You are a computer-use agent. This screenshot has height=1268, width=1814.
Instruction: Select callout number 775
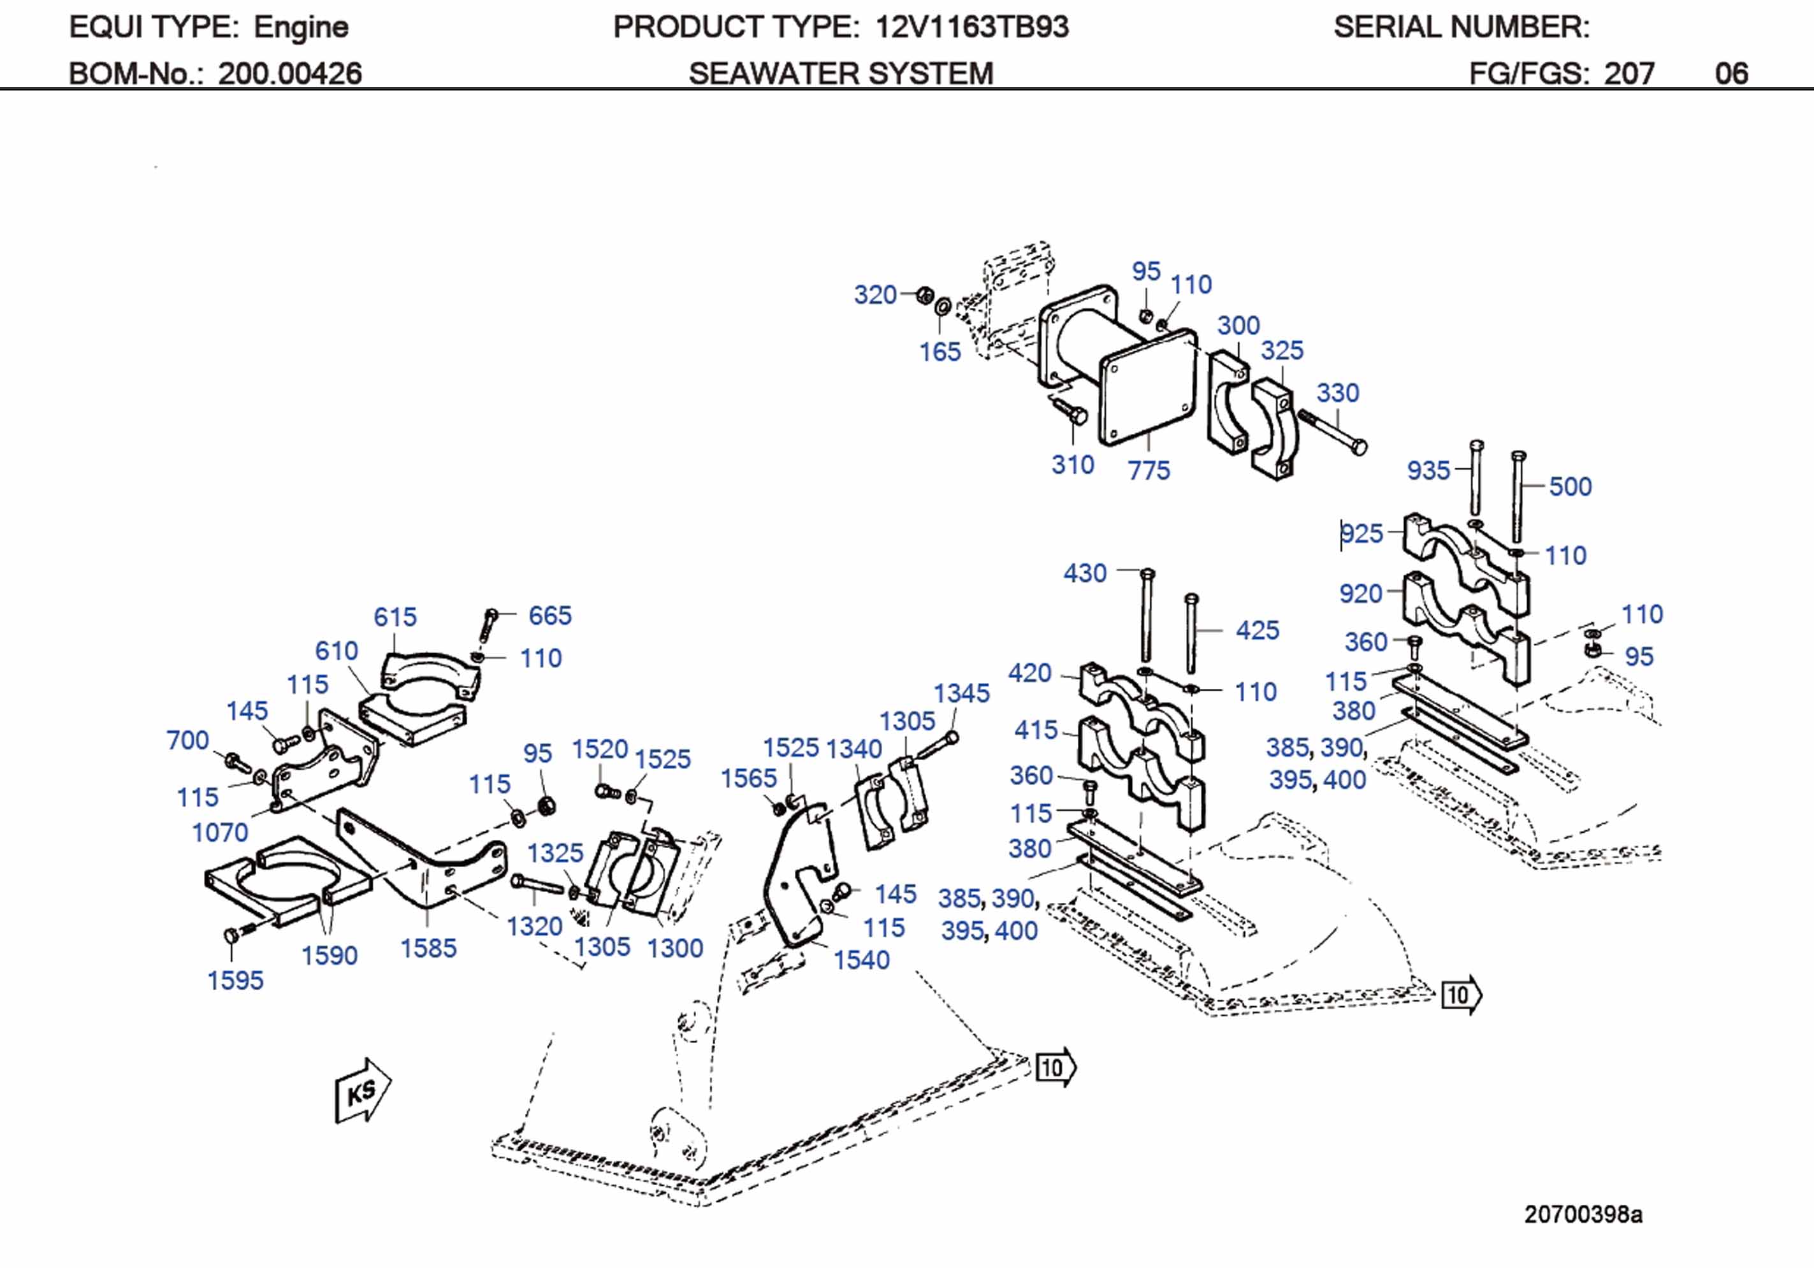pyautogui.click(x=1148, y=470)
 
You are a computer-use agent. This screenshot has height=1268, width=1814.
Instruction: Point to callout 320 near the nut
pyautogui.click(x=874, y=294)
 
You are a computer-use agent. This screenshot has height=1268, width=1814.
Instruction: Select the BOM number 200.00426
pyautogui.click(x=289, y=73)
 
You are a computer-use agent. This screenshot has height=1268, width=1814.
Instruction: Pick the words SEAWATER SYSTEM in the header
pyautogui.click(x=841, y=73)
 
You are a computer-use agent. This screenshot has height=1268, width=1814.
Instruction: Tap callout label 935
pyautogui.click(x=1428, y=470)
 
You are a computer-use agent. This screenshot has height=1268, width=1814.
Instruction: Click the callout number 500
pyautogui.click(x=1570, y=486)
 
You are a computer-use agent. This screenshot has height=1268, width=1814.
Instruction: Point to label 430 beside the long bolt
pyautogui.click(x=1085, y=573)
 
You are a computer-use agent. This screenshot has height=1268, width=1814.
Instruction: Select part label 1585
pyautogui.click(x=428, y=947)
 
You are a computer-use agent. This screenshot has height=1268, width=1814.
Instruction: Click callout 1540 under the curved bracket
pyautogui.click(x=861, y=959)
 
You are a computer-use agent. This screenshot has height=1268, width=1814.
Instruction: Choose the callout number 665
pyautogui.click(x=550, y=615)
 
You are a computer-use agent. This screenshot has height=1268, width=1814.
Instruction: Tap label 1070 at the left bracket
pyautogui.click(x=220, y=832)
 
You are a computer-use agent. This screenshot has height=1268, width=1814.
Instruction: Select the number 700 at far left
pyautogui.click(x=187, y=740)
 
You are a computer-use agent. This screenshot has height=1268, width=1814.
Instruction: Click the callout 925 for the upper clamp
pyautogui.click(x=1362, y=533)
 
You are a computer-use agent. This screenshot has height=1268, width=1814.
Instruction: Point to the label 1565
pyautogui.click(x=748, y=778)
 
